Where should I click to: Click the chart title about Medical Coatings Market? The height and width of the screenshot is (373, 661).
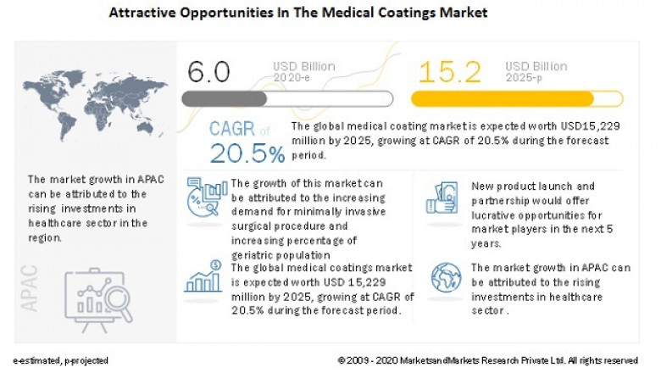[x=298, y=14]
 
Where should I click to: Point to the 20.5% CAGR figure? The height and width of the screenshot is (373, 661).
[x=247, y=154]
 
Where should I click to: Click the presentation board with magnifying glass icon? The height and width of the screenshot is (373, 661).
[x=97, y=296]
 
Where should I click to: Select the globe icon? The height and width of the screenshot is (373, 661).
[x=444, y=278]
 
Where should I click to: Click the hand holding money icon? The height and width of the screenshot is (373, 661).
[x=442, y=200]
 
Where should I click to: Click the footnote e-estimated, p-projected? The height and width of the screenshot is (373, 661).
[x=60, y=360]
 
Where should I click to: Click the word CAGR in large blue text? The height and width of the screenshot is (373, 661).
[x=232, y=130]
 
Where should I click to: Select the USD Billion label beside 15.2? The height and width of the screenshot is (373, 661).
[x=536, y=65]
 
